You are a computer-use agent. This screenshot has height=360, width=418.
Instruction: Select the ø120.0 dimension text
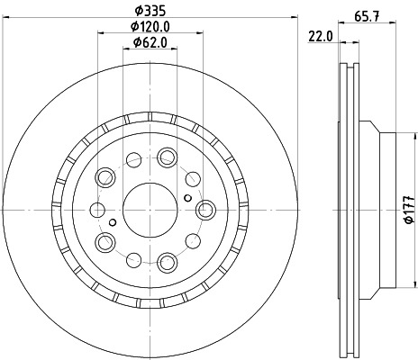pyautogui.click(x=149, y=26)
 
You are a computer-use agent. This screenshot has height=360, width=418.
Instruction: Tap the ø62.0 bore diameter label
pyautogui.click(x=149, y=42)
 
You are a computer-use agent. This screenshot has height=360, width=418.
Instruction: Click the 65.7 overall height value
pyautogui.click(x=366, y=14)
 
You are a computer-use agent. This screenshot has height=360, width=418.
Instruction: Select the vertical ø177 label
pyautogui.click(x=408, y=209)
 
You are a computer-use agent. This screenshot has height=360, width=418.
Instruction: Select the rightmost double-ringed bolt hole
pyautogui.click(x=205, y=209)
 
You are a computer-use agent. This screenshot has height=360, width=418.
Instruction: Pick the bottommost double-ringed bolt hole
pyautogui.click(x=167, y=262)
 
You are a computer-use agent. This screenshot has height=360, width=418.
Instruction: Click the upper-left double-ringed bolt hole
pyautogui.click(x=104, y=175)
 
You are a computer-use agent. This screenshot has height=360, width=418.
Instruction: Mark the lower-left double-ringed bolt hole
pyautogui.click(x=104, y=241)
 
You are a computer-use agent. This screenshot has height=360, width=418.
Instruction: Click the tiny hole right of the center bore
pyautogui.click(x=186, y=197)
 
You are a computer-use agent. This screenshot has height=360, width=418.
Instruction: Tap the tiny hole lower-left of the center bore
pyautogui.click(x=112, y=220)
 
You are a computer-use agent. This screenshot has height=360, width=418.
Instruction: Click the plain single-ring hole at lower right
pyautogui.click(x=194, y=241)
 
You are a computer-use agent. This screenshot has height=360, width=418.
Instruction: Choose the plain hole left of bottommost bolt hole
pyautogui.click(x=132, y=258)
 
